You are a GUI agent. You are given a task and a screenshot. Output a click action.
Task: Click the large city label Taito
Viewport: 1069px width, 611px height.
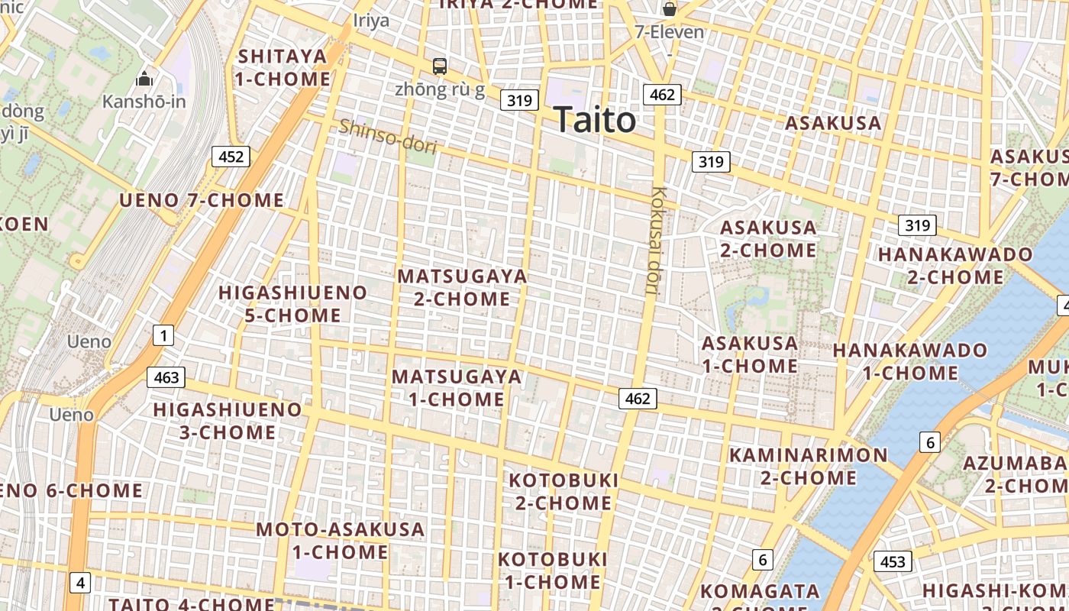pyautogui.click(x=594, y=120)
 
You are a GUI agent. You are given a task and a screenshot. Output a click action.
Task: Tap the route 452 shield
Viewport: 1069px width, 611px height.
pyautogui.click(x=231, y=157)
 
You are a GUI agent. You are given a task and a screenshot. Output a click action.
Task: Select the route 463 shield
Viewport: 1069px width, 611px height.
pyautogui.click(x=166, y=377)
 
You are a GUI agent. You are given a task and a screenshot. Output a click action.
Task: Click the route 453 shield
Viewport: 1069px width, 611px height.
pyautogui.click(x=892, y=562)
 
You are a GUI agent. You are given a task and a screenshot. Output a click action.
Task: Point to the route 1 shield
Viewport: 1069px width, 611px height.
pyautogui.click(x=163, y=335)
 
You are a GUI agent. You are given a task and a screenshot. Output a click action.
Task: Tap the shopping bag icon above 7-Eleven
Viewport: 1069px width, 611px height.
pyautogui.click(x=670, y=9)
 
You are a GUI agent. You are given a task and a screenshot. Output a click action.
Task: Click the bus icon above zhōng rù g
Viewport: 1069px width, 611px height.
pyautogui.click(x=440, y=66)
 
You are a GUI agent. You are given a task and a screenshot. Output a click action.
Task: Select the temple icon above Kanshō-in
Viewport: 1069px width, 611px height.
pyautogui.click(x=144, y=79)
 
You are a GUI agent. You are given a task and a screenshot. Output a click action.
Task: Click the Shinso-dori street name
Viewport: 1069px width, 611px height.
pyautogui.click(x=387, y=136)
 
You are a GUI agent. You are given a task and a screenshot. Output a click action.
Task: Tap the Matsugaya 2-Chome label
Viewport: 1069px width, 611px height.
pyautogui.click(x=462, y=287)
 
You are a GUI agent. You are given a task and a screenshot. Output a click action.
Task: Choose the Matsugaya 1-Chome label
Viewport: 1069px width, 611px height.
pyautogui.click(x=457, y=387)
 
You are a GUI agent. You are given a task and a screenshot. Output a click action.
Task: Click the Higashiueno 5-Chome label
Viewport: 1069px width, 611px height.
pyautogui.click(x=292, y=303)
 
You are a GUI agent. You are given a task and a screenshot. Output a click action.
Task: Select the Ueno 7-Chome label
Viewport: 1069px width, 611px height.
pyautogui.click(x=202, y=201)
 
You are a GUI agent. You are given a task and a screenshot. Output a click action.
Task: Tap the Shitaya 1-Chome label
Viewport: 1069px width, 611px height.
pyautogui.click(x=283, y=67)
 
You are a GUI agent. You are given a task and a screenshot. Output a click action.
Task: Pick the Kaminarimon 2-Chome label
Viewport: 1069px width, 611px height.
pyautogui.click(x=809, y=467)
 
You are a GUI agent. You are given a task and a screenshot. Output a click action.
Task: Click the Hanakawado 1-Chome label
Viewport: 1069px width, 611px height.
pyautogui.click(x=910, y=361)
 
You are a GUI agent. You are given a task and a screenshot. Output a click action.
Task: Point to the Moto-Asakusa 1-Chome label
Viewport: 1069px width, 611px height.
pyautogui.click(x=340, y=540)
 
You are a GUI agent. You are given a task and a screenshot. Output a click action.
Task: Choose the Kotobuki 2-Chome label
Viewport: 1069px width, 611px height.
pyautogui.click(x=564, y=491)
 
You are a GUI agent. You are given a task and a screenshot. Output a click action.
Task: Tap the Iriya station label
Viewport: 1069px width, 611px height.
pyautogui.click(x=371, y=21)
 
